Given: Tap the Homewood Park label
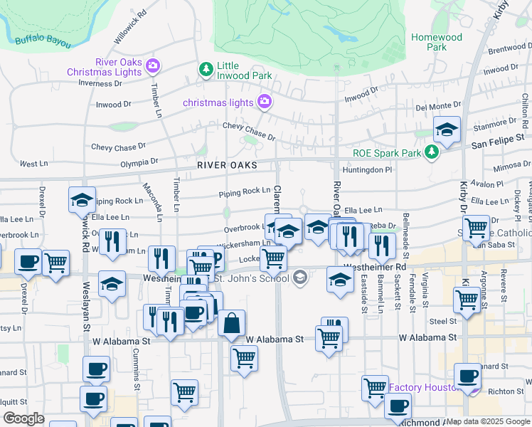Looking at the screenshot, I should pos(436,42).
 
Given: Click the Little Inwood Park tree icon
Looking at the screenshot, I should pos(206,69).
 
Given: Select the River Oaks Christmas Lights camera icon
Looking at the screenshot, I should pos(153,67).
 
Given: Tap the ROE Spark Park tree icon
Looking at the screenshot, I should pos(430,152).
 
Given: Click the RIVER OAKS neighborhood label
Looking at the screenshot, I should pos(227,165).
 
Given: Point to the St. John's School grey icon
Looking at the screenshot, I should pos(299,277).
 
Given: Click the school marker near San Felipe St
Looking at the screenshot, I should pos(447,130).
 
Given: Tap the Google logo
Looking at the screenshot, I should pos(23,418).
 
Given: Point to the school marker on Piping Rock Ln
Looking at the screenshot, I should pos(83,201).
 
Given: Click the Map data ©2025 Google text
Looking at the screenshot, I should pos(488,421).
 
